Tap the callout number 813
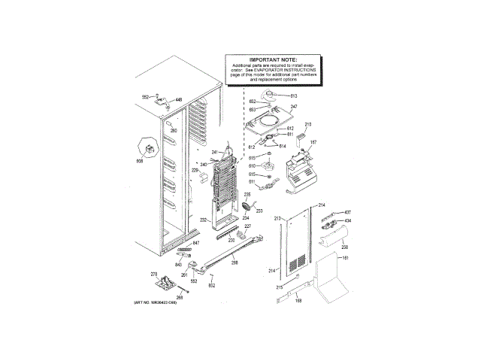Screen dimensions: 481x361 (294, 96)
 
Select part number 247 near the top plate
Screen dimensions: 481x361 (294, 108)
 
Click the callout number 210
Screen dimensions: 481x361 (307, 124)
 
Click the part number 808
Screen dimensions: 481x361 (139, 162)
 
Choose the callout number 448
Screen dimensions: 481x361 (179, 99)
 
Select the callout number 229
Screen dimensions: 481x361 (194, 171)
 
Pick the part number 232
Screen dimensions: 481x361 (203, 220)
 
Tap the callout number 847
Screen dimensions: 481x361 (195, 244)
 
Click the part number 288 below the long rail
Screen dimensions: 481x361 (234, 262)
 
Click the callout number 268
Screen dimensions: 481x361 (179, 297)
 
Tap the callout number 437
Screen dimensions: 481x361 (347, 212)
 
